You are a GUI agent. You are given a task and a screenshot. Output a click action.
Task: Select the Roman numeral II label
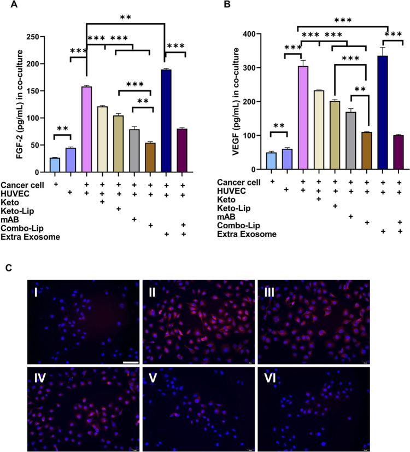point(154,290)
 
